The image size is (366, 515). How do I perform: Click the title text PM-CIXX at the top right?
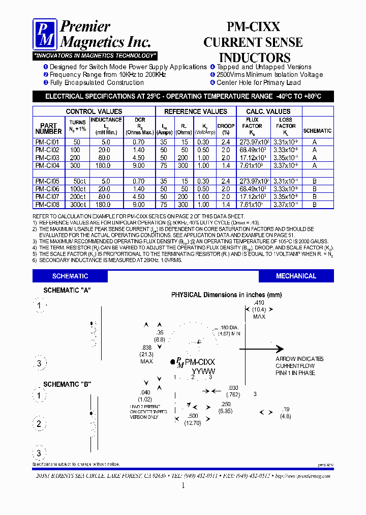tap(253, 27)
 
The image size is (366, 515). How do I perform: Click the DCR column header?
tap(139, 126)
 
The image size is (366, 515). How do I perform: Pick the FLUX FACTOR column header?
tap(252, 126)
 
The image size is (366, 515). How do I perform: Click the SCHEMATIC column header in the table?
tap(317, 131)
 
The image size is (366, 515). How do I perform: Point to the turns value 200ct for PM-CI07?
tap(78, 196)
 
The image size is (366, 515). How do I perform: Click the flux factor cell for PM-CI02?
tap(252, 150)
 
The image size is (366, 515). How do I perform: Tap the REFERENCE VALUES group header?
tap(196, 111)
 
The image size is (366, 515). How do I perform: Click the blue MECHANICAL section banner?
tap(296, 276)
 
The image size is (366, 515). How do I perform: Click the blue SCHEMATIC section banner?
tap(70, 276)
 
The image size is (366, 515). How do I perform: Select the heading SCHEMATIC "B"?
tap(67, 384)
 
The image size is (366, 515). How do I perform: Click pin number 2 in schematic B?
tap(39, 424)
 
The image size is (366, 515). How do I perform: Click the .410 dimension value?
tap(259, 303)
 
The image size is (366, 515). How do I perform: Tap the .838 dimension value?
tap(146, 347)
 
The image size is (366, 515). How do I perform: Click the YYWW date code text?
tap(203, 371)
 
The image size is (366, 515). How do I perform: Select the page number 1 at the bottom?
tap(183, 486)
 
